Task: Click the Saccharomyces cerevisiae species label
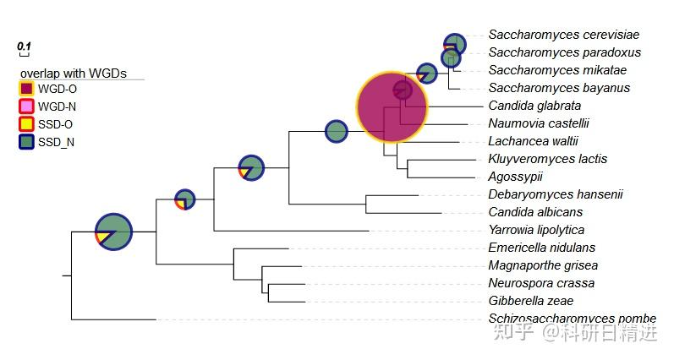563,35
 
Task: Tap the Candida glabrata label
534,106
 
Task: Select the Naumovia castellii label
539,123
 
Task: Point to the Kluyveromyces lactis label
548,159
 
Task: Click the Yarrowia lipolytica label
536,230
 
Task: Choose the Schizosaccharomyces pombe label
573,319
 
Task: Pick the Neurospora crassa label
541,283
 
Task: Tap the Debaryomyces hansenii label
556,194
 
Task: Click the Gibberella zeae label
531,301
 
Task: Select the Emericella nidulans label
541,248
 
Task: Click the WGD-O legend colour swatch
27,89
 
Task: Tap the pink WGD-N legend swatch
27,106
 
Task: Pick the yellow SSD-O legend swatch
27,124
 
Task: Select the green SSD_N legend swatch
27,142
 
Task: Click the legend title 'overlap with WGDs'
74,74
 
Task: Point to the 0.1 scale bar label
24,46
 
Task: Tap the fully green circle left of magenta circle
336,132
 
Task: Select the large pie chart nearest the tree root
113,232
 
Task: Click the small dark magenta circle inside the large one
403,90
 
